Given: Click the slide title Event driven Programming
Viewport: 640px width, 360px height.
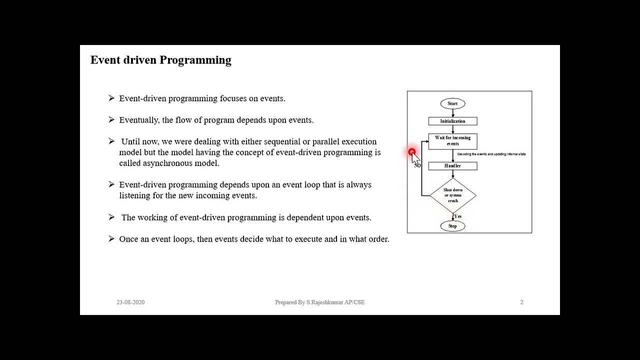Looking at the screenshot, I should click(160, 60).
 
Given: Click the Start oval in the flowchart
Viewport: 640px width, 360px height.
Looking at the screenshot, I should click(452, 103).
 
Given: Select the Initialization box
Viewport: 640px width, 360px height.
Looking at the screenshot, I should click(452, 121).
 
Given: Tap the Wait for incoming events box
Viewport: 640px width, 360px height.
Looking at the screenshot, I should click(452, 141).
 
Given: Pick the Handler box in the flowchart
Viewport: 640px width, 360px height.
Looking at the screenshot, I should click(452, 166).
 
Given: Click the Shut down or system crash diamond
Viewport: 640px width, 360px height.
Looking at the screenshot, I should click(452, 195).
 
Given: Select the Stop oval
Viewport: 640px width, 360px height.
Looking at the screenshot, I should click(452, 226).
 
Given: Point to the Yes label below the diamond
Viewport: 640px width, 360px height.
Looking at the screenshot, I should click(458, 216).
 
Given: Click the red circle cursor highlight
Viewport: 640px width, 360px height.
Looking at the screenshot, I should click(411, 152).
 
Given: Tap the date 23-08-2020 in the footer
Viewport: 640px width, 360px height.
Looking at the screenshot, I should click(130, 302).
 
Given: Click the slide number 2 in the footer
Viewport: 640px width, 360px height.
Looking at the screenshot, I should click(521, 302).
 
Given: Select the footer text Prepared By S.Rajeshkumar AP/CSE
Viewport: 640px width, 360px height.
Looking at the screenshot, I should click(319, 302).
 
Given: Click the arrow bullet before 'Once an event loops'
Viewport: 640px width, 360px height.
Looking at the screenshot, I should click(111, 239).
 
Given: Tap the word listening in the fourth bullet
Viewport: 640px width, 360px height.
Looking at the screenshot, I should click(134, 195).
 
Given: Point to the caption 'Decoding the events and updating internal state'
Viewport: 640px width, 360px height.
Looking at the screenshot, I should click(491, 154).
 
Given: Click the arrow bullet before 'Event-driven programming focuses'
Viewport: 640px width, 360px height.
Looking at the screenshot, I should click(111, 98).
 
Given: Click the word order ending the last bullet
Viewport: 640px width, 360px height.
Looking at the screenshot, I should click(378, 239).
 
